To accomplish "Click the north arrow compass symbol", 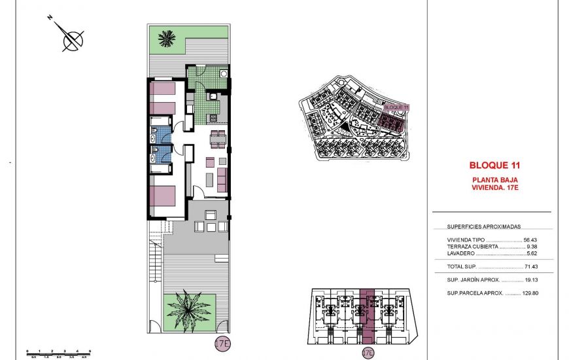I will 71,39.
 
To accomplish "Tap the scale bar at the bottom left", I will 58,353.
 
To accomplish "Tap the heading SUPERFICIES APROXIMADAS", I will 483,226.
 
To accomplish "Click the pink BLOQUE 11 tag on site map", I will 396,107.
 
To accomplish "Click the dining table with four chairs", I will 218,138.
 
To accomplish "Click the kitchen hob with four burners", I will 213,118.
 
